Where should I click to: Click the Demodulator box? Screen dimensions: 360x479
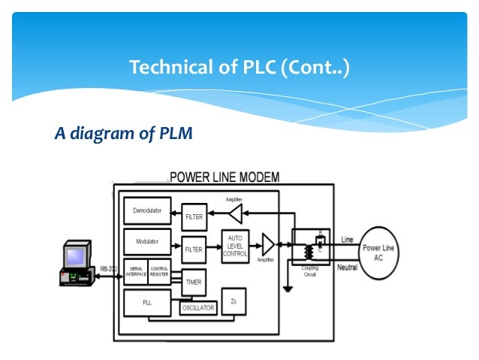(147, 211)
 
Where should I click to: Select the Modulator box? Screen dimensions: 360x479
(147, 243)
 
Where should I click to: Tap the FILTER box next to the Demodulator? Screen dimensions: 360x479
(194, 216)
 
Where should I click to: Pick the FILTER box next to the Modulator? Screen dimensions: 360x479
(194, 248)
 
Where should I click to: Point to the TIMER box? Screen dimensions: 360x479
(194, 281)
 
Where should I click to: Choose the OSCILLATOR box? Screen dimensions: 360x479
(198, 308)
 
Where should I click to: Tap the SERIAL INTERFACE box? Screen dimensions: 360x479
(136, 271)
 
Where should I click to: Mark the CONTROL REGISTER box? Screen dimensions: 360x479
(160, 271)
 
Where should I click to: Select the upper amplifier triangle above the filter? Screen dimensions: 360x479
(235, 215)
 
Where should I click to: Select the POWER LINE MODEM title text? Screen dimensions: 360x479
(224, 177)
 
